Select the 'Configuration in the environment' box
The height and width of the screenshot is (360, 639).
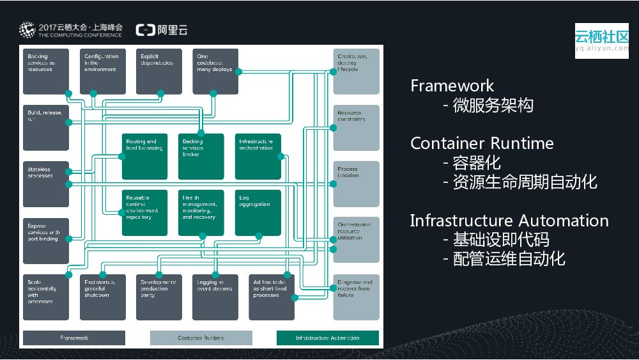click(102, 71)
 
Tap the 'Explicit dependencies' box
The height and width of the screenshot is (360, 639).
click(158, 71)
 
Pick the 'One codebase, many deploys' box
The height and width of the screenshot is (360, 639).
click(215, 71)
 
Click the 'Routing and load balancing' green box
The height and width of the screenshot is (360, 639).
click(144, 156)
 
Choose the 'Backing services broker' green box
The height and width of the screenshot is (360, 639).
click(201, 156)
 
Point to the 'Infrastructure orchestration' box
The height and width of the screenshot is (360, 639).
click(258, 156)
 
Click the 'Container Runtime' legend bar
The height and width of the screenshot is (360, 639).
click(201, 338)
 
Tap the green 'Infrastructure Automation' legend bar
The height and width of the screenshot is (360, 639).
click(327, 338)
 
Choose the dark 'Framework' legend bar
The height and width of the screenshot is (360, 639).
click(74, 338)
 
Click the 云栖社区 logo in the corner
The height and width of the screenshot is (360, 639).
click(601, 40)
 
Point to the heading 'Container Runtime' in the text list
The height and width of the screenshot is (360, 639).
click(482, 143)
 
